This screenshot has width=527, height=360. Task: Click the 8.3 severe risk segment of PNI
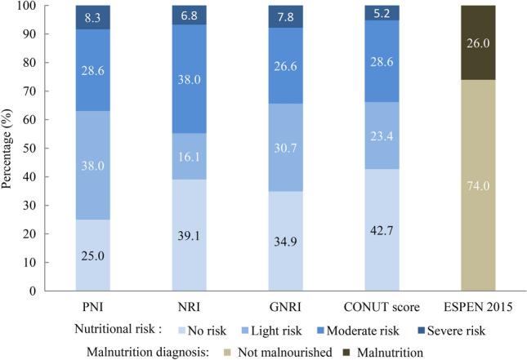pos(92,17)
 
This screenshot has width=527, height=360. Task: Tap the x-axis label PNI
pos(92,309)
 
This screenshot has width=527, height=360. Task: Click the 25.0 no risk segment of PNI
pos(92,255)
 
